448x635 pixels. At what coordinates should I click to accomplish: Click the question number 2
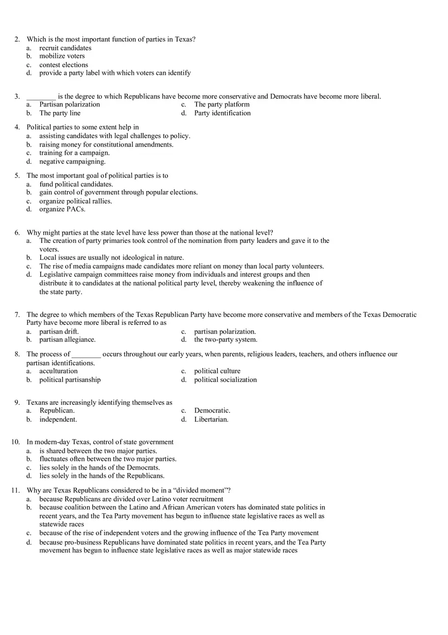point(17,39)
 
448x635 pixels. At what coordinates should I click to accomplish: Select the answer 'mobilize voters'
point(62,56)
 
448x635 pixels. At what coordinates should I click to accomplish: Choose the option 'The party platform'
point(221,104)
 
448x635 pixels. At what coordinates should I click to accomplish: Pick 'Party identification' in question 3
point(222,113)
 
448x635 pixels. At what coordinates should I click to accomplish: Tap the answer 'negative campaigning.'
point(72,161)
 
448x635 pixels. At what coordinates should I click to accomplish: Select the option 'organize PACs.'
point(62,209)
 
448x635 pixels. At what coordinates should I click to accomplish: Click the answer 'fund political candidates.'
point(76,184)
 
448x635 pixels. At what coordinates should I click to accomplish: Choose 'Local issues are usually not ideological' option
point(111,258)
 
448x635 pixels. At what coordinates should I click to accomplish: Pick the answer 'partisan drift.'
point(59,332)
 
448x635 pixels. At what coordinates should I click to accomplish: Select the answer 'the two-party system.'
point(226,340)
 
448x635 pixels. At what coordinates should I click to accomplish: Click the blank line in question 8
point(87,355)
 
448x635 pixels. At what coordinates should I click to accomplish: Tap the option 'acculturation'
point(59,371)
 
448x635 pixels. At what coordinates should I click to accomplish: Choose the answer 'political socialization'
point(225,379)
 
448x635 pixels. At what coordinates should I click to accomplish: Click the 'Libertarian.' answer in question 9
point(211,420)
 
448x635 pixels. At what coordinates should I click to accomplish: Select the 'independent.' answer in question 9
point(58,420)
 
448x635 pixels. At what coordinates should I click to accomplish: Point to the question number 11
point(15,490)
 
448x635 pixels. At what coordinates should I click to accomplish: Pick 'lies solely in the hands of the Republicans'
point(102,476)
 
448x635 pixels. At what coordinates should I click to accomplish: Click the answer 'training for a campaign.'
point(74,153)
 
